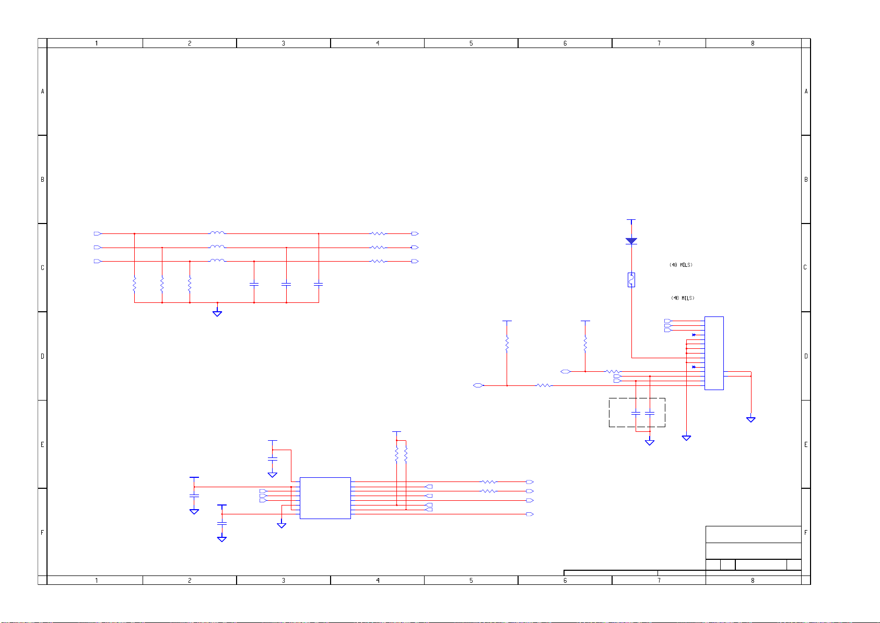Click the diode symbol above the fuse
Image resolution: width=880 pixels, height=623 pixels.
tap(631, 241)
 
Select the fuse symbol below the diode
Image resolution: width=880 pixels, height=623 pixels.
tap(631, 280)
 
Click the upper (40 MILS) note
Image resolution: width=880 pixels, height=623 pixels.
tap(681, 265)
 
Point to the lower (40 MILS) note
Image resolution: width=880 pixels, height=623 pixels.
tap(683, 298)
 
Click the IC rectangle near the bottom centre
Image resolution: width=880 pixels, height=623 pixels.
tap(325, 498)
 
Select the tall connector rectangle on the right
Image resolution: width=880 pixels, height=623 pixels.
tap(714, 353)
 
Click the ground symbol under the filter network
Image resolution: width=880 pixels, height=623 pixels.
tap(217, 313)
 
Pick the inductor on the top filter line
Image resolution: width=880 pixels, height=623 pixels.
tap(217, 233)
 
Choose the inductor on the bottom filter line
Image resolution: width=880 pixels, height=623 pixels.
tap(217, 260)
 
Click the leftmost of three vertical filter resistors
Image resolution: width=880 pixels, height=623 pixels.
tap(134, 285)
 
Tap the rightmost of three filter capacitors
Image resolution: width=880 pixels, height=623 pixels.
tap(319, 285)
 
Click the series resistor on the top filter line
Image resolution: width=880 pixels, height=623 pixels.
tap(378, 233)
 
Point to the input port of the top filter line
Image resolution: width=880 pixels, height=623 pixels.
tap(97, 233)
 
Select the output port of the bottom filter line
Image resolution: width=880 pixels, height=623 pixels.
tap(415, 261)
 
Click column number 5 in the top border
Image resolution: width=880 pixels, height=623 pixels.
tap(471, 43)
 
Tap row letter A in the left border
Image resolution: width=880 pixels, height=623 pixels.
tap(43, 91)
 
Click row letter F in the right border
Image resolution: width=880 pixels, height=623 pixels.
tap(806, 533)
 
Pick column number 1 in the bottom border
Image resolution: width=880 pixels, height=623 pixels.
tap(96, 580)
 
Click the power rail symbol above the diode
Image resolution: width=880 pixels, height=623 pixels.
tap(631, 220)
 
